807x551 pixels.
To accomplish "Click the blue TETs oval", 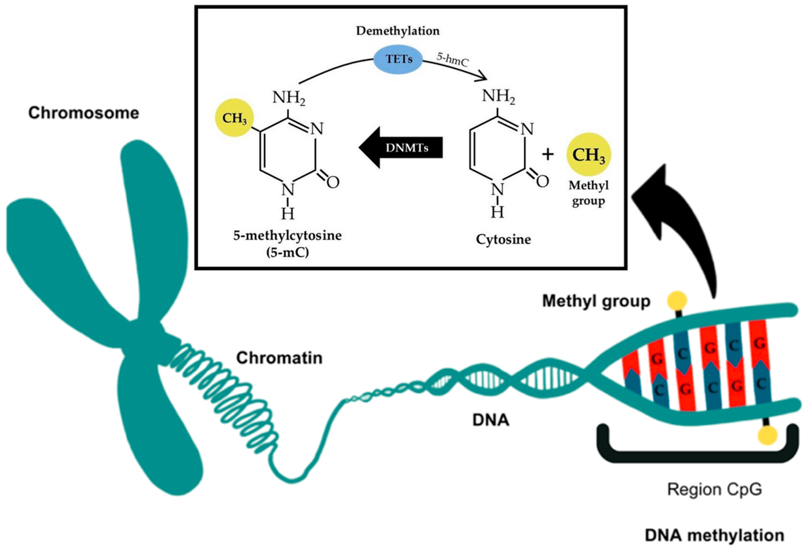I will point(398,59).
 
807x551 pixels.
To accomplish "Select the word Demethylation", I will point(398,31).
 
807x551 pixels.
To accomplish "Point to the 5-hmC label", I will point(453,60).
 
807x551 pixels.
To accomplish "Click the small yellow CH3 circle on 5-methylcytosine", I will point(234,118).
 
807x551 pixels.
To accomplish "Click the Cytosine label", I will point(503,239).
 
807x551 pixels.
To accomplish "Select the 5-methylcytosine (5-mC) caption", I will point(288,244).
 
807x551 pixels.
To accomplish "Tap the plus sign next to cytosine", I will point(548,154).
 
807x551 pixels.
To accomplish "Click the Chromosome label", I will point(84,113).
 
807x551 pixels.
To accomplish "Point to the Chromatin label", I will point(279,358).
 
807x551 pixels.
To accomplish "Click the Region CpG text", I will point(715,490).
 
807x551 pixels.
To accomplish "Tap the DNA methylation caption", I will point(715,535).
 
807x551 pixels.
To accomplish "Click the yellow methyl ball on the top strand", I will point(678,300).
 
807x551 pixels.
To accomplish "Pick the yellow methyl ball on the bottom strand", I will point(767,435).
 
